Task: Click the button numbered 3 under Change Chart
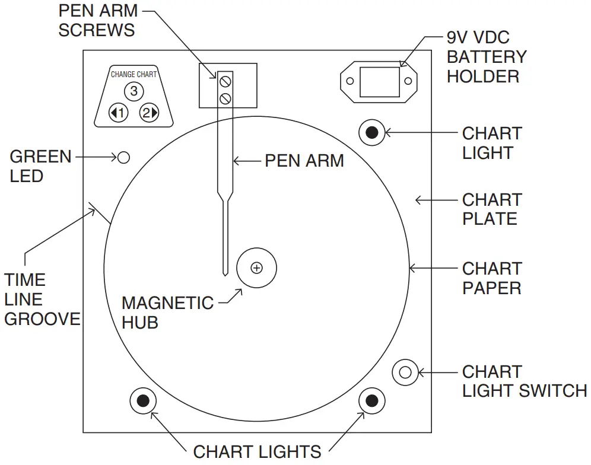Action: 134,91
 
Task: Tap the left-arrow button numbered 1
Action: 119,112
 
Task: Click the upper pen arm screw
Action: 225,81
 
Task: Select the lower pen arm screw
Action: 225,98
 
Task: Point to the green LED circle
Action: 123,157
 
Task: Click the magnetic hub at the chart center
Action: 256,268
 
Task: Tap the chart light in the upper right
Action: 372,132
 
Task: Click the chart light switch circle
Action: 405,372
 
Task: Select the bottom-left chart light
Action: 143,402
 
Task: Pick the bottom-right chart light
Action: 372,402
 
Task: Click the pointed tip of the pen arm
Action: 225,274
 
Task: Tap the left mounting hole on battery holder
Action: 351,82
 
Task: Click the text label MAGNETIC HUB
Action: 167,313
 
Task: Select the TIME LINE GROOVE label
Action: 42,299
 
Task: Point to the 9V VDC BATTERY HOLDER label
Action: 486,57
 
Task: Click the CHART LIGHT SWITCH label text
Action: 524,381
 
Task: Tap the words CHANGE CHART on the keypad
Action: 134,75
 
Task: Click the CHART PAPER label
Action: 491,278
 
